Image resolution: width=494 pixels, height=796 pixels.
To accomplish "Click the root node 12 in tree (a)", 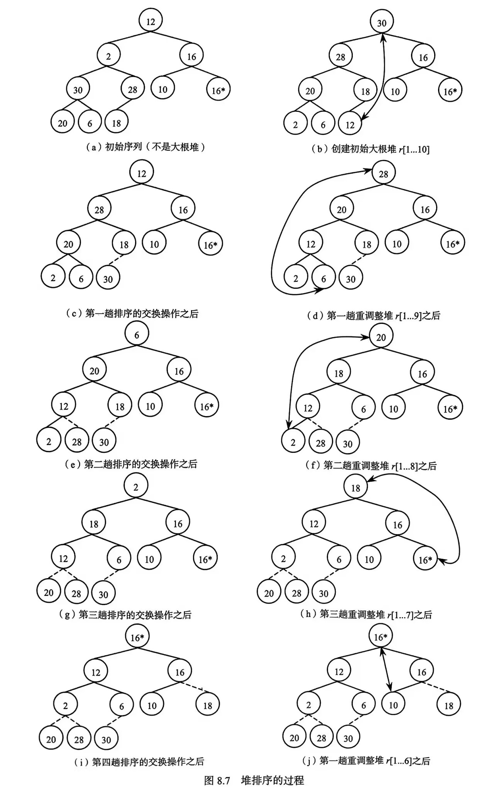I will click(151, 21).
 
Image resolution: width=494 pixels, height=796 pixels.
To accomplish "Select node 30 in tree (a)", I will click(78, 90).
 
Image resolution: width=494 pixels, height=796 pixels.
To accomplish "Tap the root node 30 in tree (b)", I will click(382, 23).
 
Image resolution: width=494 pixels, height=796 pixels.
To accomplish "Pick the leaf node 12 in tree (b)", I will click(350, 125).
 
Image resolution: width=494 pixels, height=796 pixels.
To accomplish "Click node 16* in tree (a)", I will click(218, 90).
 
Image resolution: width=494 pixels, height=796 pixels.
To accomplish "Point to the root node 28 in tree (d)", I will click(383, 174).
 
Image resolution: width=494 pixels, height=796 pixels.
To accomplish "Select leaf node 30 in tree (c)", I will click(108, 279).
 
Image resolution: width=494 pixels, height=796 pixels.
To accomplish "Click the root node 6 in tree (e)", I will click(137, 335).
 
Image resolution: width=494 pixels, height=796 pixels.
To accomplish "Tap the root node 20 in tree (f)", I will click(381, 337).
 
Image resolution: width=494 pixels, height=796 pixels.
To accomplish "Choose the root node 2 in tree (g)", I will click(136, 487).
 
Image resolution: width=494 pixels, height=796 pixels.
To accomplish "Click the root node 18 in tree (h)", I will click(355, 488).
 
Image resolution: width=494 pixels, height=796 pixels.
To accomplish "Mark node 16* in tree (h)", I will click(425, 560).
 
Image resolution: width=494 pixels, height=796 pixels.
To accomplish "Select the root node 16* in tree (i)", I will click(137, 637).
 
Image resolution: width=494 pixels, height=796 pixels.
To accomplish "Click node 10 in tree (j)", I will click(393, 705).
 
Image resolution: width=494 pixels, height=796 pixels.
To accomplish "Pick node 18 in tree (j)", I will click(448, 706).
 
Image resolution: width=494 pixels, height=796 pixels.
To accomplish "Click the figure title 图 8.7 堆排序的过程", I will click(254, 780).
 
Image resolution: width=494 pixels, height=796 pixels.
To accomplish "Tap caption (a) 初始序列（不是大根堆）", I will click(145, 147).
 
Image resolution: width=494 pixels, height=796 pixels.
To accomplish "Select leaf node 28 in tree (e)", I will click(76, 442).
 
